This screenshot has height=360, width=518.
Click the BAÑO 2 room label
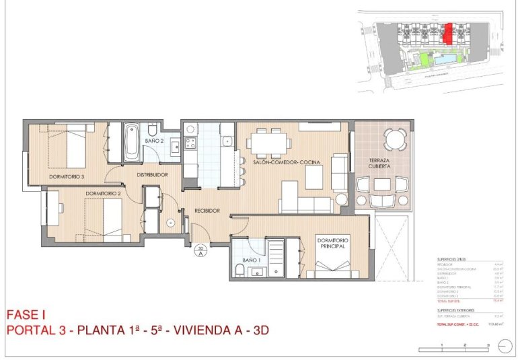pos(154,141)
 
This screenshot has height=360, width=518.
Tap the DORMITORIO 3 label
pos(67,177)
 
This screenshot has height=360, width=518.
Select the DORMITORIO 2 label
pos(103,194)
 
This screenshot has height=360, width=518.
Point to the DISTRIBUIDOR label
pos(152,175)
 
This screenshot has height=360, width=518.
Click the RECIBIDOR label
pos(207,211)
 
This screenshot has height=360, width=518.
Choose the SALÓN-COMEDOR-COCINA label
pos(286,162)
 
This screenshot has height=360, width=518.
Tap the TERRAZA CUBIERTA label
pos(381,164)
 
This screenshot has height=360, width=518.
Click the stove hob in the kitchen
pos(190,143)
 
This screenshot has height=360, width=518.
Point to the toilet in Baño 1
pos(240,271)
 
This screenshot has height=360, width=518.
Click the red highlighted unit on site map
pos(449,32)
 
